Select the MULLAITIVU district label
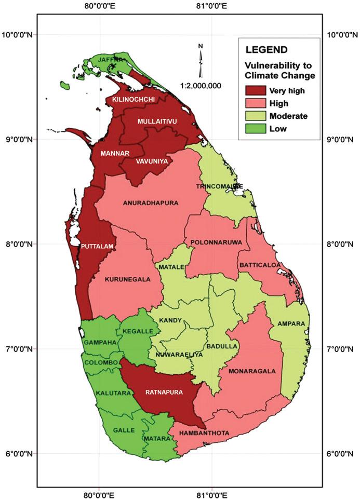[x=157, y=121]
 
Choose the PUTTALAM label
[x=97, y=246]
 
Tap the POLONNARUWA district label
[x=214, y=242]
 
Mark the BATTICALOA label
[x=260, y=265]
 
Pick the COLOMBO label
[x=101, y=362]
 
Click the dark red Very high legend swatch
[x=254, y=90]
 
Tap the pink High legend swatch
[x=254, y=103]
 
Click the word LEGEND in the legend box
[x=266, y=50]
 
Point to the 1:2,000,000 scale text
[x=201, y=85]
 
